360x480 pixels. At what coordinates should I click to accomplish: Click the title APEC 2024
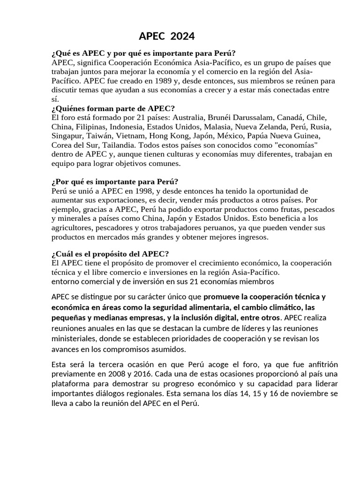click(167, 36)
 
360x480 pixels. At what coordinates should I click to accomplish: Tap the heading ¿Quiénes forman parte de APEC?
click(112, 108)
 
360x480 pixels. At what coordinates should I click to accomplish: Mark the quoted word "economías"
click(298, 145)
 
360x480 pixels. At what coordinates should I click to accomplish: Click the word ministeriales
click(75, 338)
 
